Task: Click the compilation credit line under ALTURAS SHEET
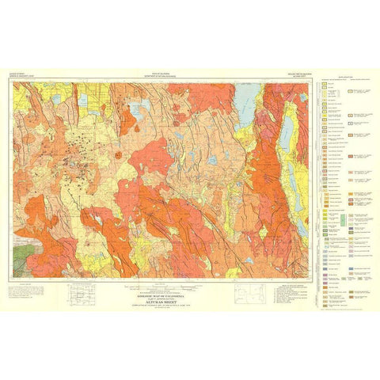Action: point(171,294)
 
